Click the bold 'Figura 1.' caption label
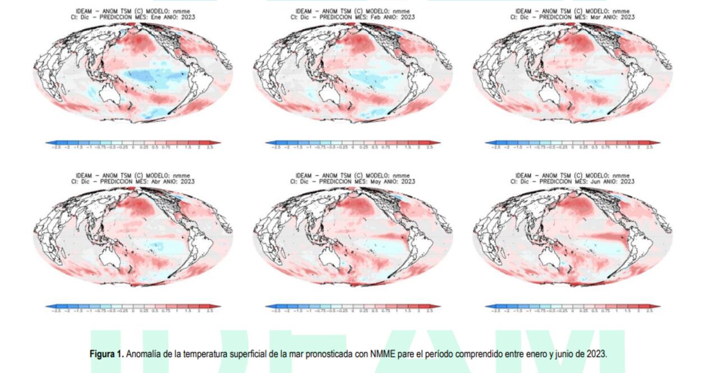coord(107,354)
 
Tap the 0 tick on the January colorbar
coord(133,147)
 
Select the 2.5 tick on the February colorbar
coord(430,147)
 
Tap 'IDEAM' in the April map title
coord(85,176)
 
